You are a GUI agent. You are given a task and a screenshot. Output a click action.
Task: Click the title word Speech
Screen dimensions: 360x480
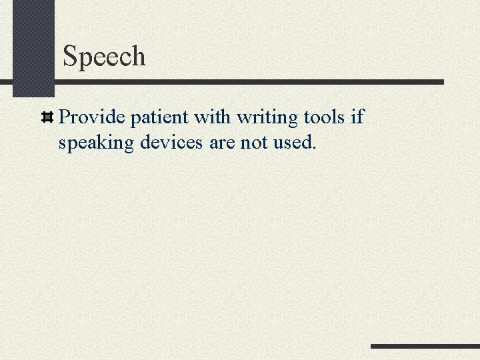coord(104,57)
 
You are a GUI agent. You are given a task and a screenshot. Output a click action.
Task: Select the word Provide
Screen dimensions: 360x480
coord(92,118)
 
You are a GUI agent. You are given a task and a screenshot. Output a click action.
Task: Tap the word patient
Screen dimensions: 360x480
coord(160,118)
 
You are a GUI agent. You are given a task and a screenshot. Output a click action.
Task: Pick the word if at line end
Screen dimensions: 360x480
coord(358,118)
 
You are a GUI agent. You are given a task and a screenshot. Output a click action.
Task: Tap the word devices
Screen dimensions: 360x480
coord(169,143)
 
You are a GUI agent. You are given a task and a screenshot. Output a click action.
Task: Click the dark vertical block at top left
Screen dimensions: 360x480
coord(33,47)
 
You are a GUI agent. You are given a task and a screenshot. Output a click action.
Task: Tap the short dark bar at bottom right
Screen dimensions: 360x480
coord(425,346)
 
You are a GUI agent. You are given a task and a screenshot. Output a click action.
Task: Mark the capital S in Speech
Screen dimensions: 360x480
coord(70,57)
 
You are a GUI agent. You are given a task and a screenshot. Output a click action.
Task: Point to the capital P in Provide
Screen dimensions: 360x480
coord(65,118)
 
